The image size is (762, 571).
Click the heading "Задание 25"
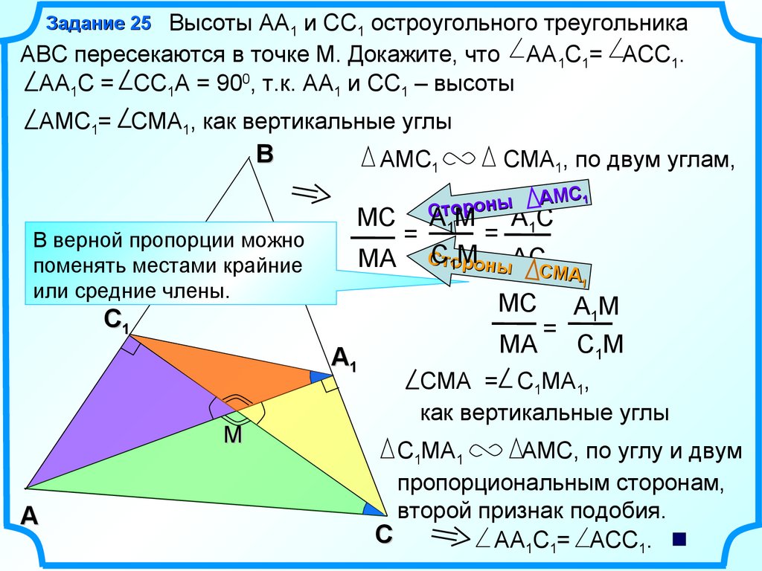(x=98, y=24)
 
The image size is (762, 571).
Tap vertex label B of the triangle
(x=265, y=155)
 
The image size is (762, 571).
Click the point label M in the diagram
(x=234, y=435)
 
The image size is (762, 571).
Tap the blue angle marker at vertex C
(x=371, y=509)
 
